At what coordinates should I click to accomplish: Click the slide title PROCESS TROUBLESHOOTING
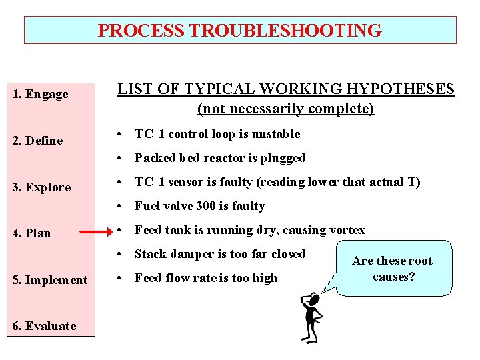[x=240, y=31]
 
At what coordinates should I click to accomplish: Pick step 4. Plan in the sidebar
[x=32, y=233]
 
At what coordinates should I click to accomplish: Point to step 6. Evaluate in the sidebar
[x=45, y=326]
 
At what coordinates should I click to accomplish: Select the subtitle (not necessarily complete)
[x=286, y=108]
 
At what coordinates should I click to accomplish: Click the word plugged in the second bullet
[x=284, y=158]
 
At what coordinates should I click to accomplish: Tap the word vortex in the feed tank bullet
[x=348, y=230]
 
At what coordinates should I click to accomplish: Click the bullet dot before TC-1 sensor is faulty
[x=121, y=182]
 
